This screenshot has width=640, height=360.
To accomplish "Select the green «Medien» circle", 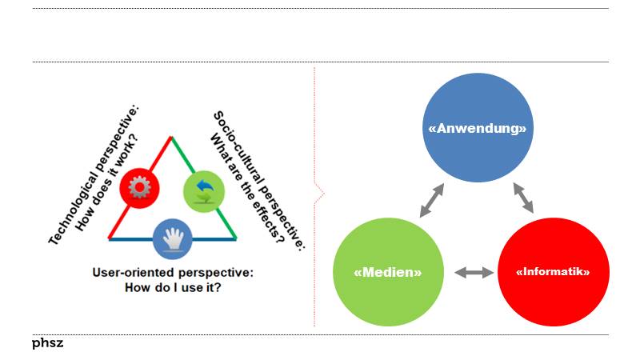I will [388, 272].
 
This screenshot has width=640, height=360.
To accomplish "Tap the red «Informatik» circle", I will [554, 272].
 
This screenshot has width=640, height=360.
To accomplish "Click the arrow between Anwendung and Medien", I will [432, 200].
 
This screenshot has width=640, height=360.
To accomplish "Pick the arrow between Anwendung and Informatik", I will [523, 197].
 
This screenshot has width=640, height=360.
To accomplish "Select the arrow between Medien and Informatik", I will [474, 273].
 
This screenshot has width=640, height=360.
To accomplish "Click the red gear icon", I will [139, 188].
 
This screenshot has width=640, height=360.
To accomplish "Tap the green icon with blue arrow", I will [203, 190].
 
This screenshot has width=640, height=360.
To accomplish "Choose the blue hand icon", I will [173, 237].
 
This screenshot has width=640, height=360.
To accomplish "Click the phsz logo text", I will [47, 344].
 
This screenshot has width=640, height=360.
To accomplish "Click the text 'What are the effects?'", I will [246, 189].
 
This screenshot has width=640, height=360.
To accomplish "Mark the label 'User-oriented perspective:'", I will [173, 273].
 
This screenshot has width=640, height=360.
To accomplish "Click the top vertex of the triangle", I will [171, 138].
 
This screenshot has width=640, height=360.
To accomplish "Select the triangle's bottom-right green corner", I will [236, 238].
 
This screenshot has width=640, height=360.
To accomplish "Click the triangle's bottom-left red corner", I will [110, 238].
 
